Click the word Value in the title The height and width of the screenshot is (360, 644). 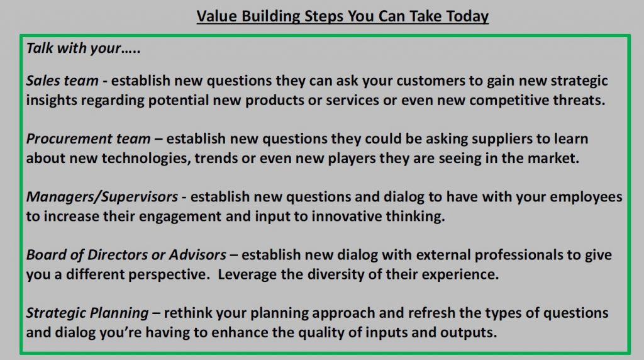coord(216,16)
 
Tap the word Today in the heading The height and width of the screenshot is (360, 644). coord(467,16)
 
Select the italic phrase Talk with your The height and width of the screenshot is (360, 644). coord(74,48)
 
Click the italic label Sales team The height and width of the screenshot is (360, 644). coord(62,81)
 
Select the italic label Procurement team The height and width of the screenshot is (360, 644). coord(88,139)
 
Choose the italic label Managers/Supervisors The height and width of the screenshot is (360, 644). coord(103,197)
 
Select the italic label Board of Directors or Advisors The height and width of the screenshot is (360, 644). coord(126,255)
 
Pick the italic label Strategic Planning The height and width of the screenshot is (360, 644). coord(87,313)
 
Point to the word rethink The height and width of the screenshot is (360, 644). coord(188,313)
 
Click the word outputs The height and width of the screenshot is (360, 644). coord(469,332)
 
